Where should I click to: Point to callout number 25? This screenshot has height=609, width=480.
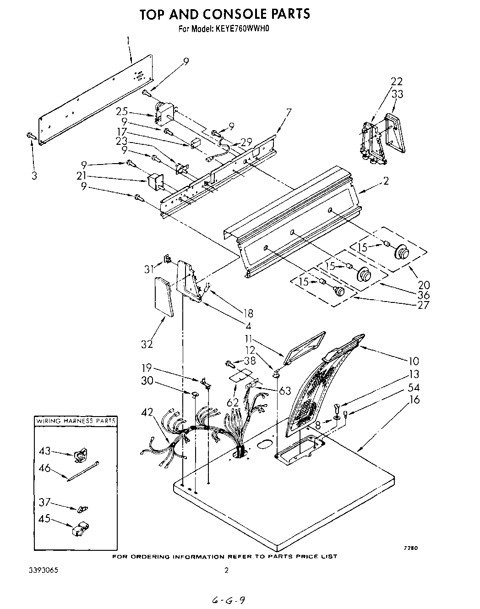pyautogui.click(x=121, y=111)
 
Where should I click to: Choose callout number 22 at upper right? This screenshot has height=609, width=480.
pyautogui.click(x=397, y=82)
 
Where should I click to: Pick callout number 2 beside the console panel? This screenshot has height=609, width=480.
pyautogui.click(x=386, y=181)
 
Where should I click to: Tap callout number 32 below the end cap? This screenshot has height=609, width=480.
pyautogui.click(x=147, y=344)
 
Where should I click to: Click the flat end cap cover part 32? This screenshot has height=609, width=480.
pyautogui.click(x=164, y=296)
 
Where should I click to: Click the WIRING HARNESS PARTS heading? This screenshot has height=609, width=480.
pyautogui.click(x=76, y=421)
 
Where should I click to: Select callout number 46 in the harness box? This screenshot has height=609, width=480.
pyautogui.click(x=44, y=468)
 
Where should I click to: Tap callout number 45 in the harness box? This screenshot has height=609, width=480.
pyautogui.click(x=44, y=519)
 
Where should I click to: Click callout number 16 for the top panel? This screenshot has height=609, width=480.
pyautogui.click(x=414, y=400)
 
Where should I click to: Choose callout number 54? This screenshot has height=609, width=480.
pyautogui.click(x=414, y=388)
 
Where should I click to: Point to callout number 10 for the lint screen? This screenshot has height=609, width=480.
pyautogui.click(x=414, y=361)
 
